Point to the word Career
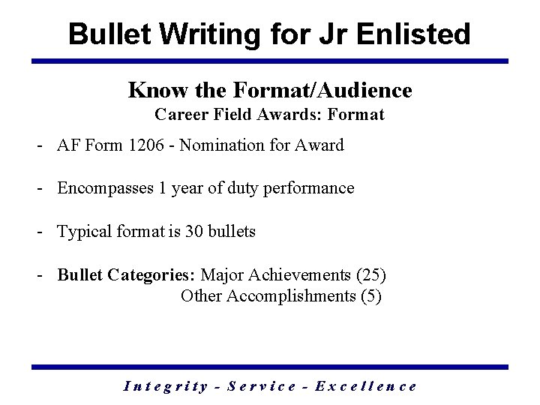pos(181,115)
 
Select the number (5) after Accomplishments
pos(371,295)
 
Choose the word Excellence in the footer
pos(366,386)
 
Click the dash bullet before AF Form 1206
pos(37,145)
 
